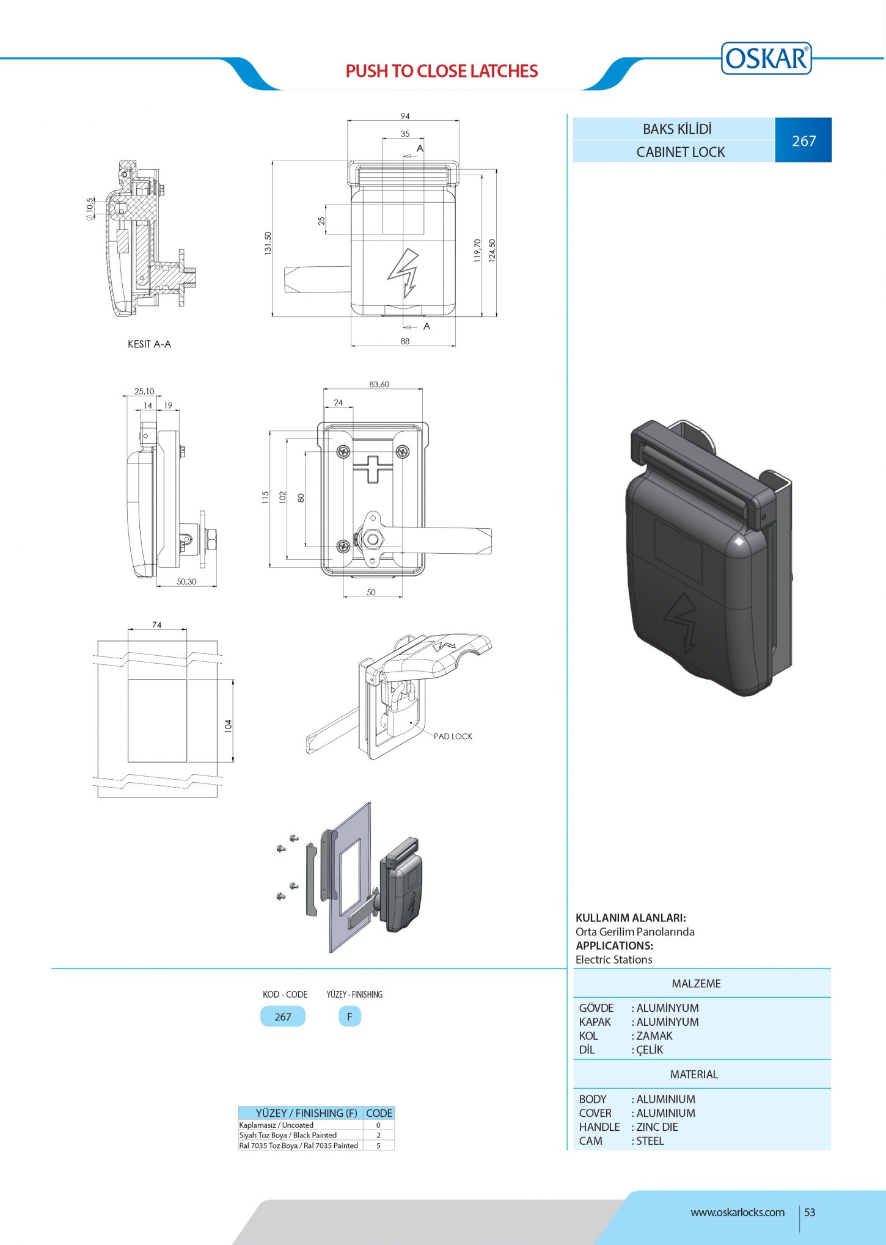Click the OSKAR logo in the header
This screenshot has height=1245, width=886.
[x=766, y=59]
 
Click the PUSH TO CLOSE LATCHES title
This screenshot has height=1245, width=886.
[x=442, y=71]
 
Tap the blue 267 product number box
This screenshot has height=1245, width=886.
[x=803, y=140]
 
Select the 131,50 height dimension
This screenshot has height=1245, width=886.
[x=268, y=243]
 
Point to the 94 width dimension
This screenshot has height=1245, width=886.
[x=405, y=116]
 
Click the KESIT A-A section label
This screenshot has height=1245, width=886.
[x=149, y=344]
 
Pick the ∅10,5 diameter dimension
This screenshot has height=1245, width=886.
[x=90, y=208]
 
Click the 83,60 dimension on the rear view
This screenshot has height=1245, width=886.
[x=379, y=385]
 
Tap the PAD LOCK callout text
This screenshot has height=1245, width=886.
[x=453, y=736]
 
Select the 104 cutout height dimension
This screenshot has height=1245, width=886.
[x=229, y=725]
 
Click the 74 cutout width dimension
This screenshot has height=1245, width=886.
[x=157, y=625]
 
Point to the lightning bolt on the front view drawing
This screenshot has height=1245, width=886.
[x=403, y=273]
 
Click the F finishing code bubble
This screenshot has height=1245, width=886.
[x=350, y=1017]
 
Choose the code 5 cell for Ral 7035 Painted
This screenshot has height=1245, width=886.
[x=378, y=1145]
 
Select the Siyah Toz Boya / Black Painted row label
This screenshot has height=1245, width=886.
[x=288, y=1135]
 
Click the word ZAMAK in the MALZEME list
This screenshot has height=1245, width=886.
[x=654, y=1036]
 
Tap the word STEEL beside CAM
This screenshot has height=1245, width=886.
[x=650, y=1141]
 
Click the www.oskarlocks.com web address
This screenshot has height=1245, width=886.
[x=738, y=1212]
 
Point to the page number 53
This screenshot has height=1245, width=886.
[x=810, y=1212]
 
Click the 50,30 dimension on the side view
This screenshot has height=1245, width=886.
[x=186, y=581]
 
